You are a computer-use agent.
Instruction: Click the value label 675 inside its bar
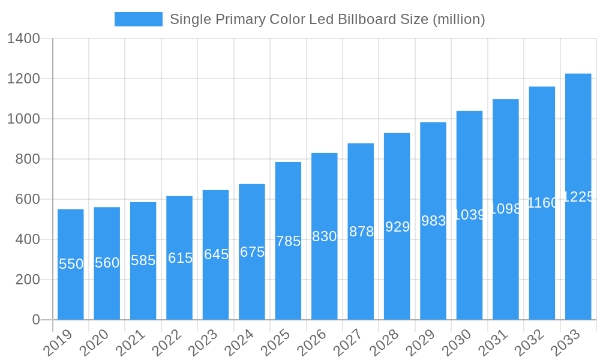(x=252, y=252)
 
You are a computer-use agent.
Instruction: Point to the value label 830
(x=324, y=236)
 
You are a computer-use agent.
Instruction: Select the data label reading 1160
(x=542, y=203)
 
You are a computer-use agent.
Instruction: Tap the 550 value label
(x=71, y=264)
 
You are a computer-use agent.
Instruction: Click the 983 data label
(x=433, y=221)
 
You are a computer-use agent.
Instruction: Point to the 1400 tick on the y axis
(x=23, y=39)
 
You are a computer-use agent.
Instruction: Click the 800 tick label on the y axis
(x=28, y=159)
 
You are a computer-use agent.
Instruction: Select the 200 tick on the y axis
(x=28, y=280)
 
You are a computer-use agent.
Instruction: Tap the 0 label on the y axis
(x=36, y=320)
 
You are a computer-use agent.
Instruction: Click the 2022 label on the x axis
(x=166, y=343)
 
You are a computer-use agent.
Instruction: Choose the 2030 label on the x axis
(x=457, y=343)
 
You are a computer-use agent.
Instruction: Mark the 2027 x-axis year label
(x=347, y=343)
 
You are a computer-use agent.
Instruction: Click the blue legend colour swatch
(x=139, y=19)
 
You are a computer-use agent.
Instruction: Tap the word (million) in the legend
(x=459, y=19)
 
